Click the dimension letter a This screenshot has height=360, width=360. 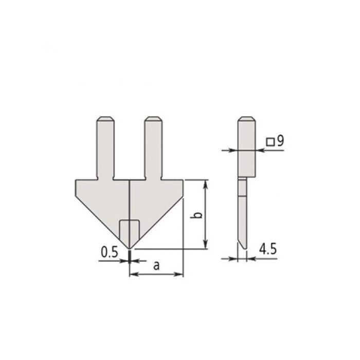[x=156, y=265]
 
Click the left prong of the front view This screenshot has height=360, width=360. [x=104, y=149]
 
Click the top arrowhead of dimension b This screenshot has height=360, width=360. [x=206, y=183]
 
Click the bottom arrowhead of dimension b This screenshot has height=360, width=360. [x=206, y=245]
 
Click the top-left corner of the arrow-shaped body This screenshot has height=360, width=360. [x=76, y=180]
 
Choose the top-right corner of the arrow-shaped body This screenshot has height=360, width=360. [x=183, y=180]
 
